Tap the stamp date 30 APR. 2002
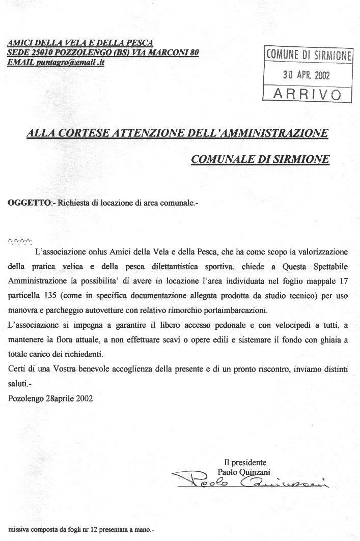(x=307, y=75)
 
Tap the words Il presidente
(x=245, y=463)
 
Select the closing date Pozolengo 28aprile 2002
(x=51, y=398)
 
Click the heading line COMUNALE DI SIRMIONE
(x=260, y=159)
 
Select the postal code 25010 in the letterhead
(x=39, y=53)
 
